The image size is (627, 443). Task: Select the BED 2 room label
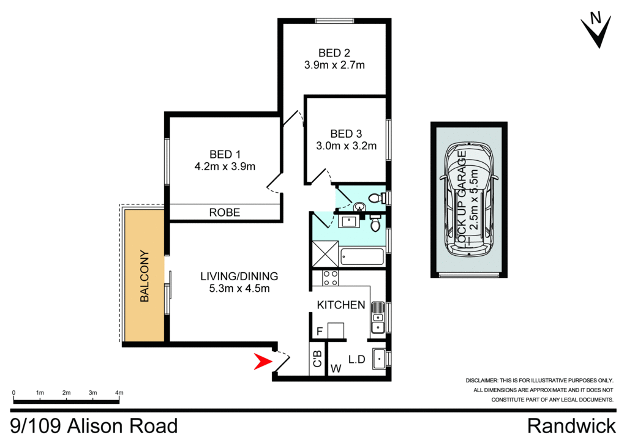pyautogui.click(x=334, y=52)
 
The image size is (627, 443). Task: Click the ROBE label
pyautogui.click(x=225, y=213)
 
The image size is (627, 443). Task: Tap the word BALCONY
pyautogui.click(x=145, y=276)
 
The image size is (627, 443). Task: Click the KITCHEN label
pyautogui.click(x=341, y=305)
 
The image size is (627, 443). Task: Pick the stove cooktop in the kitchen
pyautogui.click(x=331, y=278)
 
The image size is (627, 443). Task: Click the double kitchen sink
pyautogui.click(x=378, y=318)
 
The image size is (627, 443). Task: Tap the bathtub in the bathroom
pyautogui.click(x=361, y=256)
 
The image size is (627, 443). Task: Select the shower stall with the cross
pyautogui.click(x=325, y=255)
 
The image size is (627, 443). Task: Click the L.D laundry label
pyautogui.click(x=356, y=360)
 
